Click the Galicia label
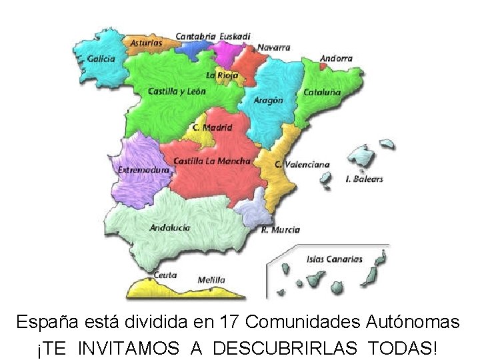pyautogui.click(x=101, y=59)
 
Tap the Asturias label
pyautogui.click(x=146, y=43)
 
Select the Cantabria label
pyautogui.click(x=195, y=36)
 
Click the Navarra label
pyautogui.click(x=273, y=47)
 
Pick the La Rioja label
pyautogui.click(x=222, y=75)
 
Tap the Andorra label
pyautogui.click(x=336, y=59)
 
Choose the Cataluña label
pyautogui.click(x=323, y=92)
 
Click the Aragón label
pyautogui.click(x=269, y=100)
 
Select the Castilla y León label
pyautogui.click(x=177, y=91)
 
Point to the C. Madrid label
pyautogui.click(x=212, y=127)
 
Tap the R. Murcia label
pyautogui.click(x=280, y=230)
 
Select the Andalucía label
pyautogui.click(x=170, y=227)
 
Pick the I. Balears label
pyautogui.click(x=365, y=179)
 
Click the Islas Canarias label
pyautogui.click(x=334, y=259)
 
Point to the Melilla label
pyautogui.click(x=211, y=280)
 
